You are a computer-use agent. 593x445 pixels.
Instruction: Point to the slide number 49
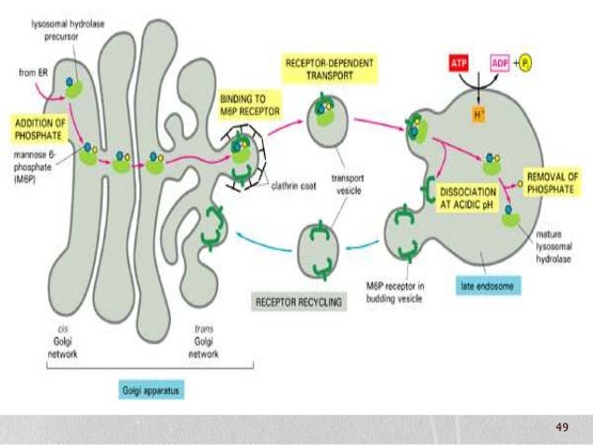(560, 426)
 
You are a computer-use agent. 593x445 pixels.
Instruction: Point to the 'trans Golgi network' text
(204, 347)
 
